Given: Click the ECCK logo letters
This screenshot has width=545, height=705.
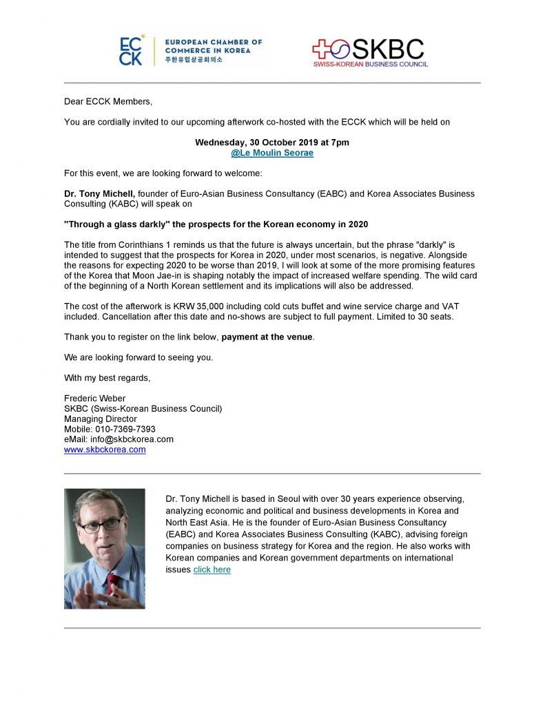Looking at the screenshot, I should (131, 50).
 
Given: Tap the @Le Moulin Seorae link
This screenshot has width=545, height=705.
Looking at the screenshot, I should (272, 153).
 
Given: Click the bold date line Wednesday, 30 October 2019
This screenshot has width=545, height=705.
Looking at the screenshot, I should (272, 143).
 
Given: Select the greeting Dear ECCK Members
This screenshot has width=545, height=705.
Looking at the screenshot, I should (107, 101).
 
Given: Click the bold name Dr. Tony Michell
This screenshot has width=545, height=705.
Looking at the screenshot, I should (99, 194).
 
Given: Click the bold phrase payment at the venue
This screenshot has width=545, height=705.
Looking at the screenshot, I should (267, 337).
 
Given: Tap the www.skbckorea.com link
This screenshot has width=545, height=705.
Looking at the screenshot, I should (105, 450).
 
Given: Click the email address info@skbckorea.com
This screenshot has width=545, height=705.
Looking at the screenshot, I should (119, 439).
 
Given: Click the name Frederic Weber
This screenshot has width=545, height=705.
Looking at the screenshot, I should (95, 398).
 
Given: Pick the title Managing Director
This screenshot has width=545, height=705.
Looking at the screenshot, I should (101, 419).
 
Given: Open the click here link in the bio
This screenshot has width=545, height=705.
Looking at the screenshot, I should (212, 569).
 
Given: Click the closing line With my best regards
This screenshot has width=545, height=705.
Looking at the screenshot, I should (107, 377).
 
